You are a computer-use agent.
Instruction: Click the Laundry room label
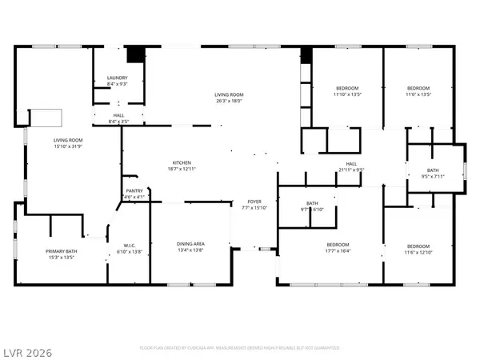[x=118, y=78]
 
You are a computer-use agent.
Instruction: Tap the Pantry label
[x=134, y=190]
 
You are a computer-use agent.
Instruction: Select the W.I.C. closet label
[x=133, y=246]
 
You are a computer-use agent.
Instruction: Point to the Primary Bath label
[x=60, y=252]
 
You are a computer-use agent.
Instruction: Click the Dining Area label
[x=190, y=243]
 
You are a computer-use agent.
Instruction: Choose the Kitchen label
[x=181, y=162]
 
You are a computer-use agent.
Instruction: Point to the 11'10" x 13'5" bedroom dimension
[x=347, y=94]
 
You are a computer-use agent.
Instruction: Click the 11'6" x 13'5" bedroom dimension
[x=419, y=94]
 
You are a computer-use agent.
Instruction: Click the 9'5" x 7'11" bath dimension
[x=433, y=176]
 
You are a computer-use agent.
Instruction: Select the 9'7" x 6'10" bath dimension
[x=312, y=210]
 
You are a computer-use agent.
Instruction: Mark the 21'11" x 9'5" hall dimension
[x=350, y=170]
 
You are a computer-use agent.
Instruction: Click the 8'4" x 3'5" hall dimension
[x=118, y=122]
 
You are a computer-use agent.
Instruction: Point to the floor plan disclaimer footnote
[x=239, y=348]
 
